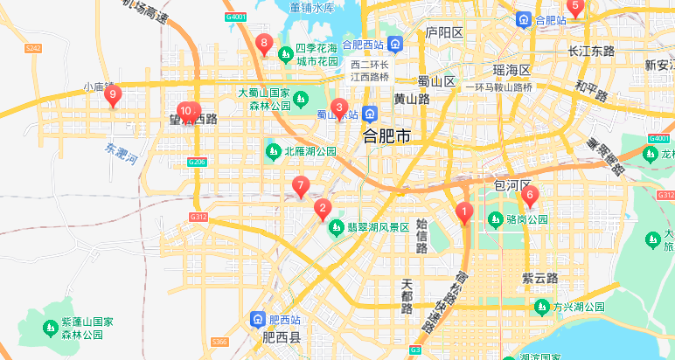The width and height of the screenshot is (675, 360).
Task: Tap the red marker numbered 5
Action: (574, 7)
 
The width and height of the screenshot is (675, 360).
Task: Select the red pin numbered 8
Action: (263, 44)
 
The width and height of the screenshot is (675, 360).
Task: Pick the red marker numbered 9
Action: (112, 95)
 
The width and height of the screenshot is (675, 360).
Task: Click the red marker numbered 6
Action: (529, 197)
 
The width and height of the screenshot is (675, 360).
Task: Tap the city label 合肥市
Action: (386, 137)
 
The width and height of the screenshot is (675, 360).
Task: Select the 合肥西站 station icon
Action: (395, 44)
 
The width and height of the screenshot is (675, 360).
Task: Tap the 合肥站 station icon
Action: (523, 19)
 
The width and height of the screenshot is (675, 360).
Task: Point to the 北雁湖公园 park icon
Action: (273, 151)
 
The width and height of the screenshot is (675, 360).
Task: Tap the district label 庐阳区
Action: (443, 32)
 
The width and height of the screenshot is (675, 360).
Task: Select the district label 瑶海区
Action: (511, 69)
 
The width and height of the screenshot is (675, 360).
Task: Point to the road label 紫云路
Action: (539, 277)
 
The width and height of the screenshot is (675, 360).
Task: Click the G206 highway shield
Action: (197, 162)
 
